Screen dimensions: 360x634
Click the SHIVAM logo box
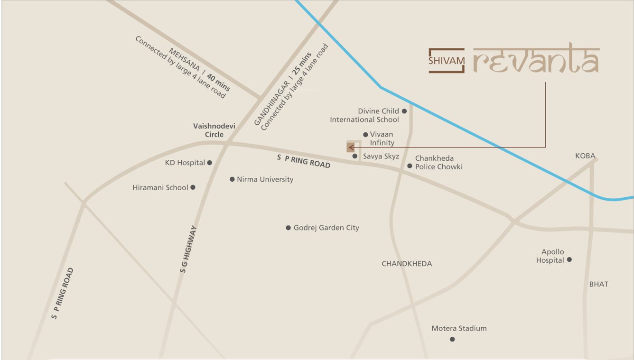click(x=446, y=61)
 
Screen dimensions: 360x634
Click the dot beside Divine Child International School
click(x=404, y=111)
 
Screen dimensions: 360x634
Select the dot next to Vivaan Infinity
click(x=365, y=135)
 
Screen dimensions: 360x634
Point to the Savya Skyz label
click(x=381, y=157)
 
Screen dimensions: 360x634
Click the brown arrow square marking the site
click(x=351, y=148)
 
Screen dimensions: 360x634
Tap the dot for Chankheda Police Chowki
click(x=410, y=166)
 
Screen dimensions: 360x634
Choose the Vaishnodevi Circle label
click(x=214, y=130)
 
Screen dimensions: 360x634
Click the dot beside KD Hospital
click(x=210, y=163)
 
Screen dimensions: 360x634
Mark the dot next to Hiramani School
click(x=193, y=187)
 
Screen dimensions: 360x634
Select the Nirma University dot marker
click(x=232, y=179)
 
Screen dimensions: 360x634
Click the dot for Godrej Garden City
click(x=288, y=228)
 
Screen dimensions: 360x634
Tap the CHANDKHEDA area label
click(x=407, y=264)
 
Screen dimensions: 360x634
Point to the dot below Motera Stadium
click(x=452, y=339)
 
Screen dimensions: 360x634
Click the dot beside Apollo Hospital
click(x=569, y=259)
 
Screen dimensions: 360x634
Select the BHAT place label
click(x=598, y=284)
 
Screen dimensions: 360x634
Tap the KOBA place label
click(x=585, y=156)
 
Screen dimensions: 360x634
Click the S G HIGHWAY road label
click(x=188, y=249)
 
